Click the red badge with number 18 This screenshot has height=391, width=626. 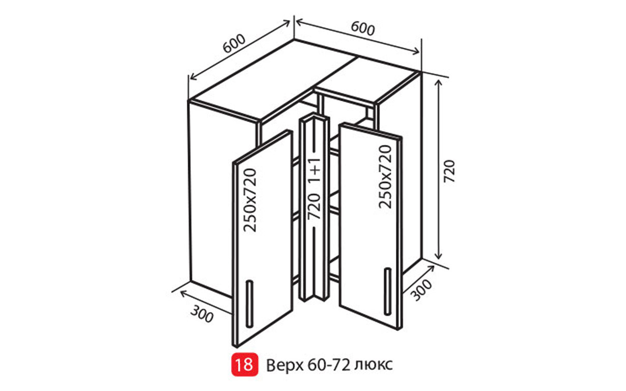(244, 365)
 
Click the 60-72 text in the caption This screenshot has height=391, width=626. (328, 365)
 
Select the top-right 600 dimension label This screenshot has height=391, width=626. (363, 29)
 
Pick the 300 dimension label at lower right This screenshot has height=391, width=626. (422, 290)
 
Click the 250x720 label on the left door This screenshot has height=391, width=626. (250, 200)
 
